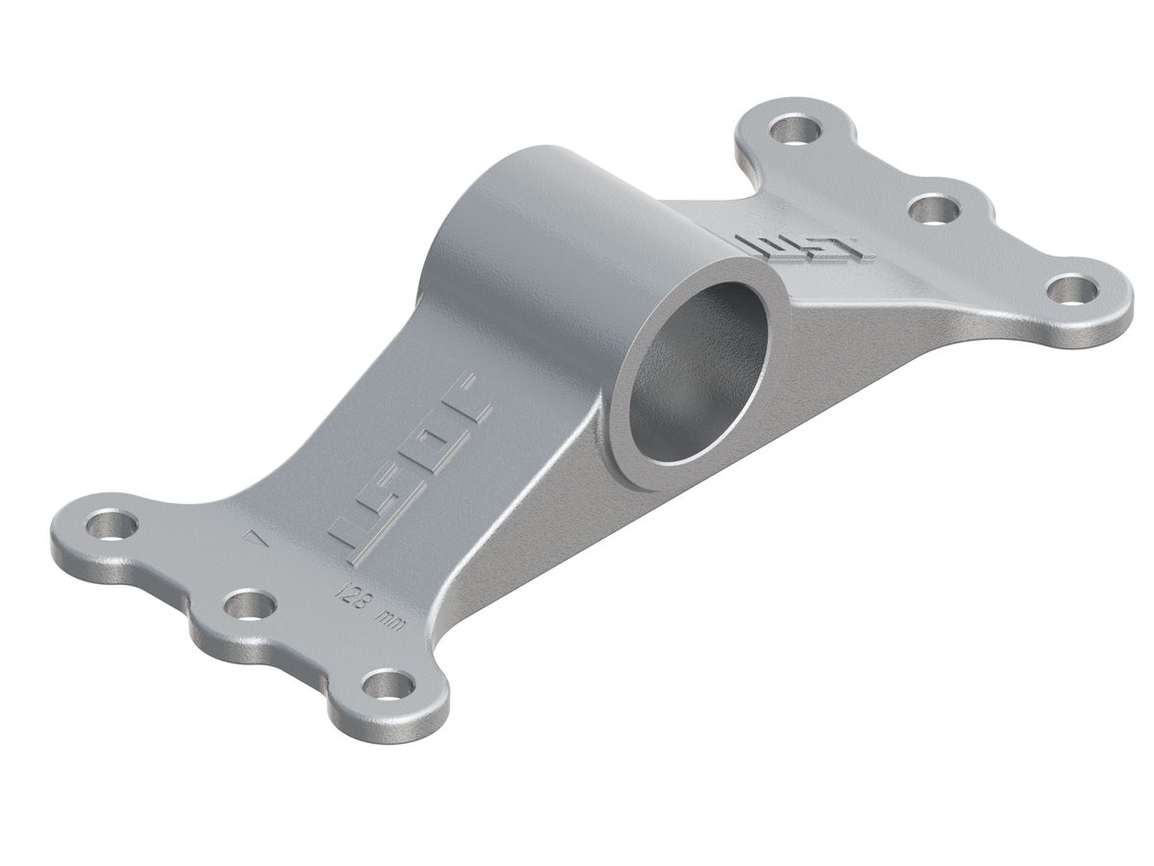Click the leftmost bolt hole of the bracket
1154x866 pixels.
coord(112,525)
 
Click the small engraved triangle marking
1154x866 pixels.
coord(255,540)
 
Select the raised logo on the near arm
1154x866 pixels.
coord(414,462)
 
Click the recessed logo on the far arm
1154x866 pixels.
coord(803,246)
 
